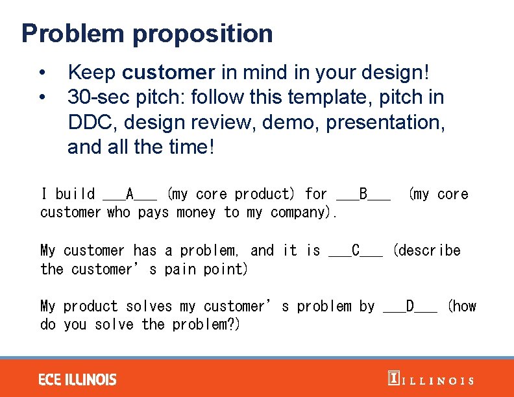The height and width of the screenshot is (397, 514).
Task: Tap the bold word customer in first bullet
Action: point(168,72)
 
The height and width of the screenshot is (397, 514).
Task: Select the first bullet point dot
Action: point(42,72)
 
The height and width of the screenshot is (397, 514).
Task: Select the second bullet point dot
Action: point(42,97)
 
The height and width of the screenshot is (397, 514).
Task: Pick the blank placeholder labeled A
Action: point(130,194)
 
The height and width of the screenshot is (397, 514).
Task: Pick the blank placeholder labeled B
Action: point(363,194)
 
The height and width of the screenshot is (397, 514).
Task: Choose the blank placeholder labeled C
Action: point(356,250)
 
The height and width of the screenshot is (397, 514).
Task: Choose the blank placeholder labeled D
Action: point(410,306)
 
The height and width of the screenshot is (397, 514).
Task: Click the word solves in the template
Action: point(149,306)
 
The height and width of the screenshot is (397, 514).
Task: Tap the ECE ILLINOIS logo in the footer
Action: point(77,379)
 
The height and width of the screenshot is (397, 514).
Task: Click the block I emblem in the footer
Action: point(393,379)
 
